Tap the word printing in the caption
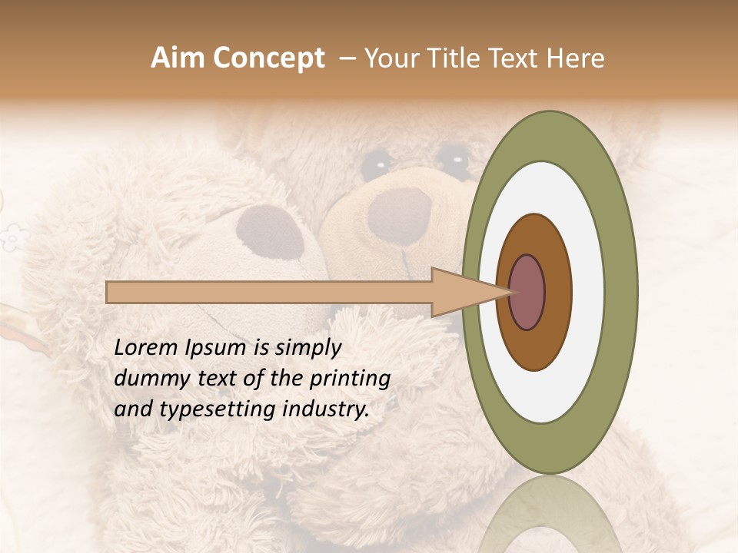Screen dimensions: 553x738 coord(350,379)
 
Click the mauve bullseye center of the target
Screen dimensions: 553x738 coord(527,293)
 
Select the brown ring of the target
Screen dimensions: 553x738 coord(557,293)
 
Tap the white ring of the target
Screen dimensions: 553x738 coord(587,292)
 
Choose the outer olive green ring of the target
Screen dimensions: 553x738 coord(622,292)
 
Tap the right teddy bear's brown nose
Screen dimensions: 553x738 coord(400,216)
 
